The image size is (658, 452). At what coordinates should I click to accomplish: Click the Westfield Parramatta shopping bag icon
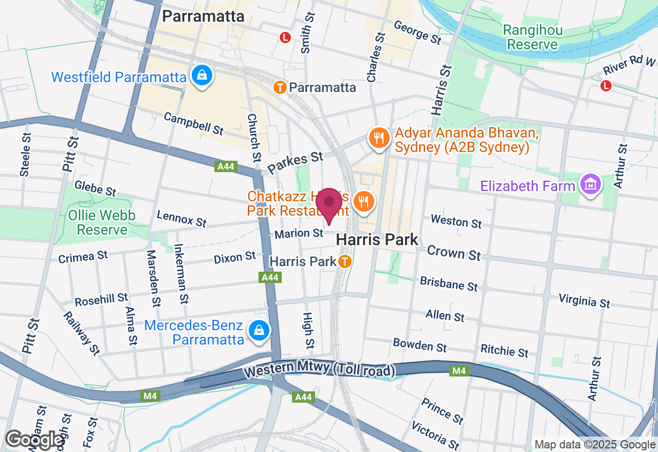coord(203,76)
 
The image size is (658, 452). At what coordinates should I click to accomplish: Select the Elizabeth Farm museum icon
coord(591,185)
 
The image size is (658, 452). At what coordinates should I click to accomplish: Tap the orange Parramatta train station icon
coord(280,87)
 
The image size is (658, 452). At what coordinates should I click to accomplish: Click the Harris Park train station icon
coord(344,261)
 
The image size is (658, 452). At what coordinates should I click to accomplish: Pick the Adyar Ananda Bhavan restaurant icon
coord(379,138)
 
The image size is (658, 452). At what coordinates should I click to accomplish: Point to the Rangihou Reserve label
coord(533,37)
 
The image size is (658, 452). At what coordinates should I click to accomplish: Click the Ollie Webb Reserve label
coord(102,222)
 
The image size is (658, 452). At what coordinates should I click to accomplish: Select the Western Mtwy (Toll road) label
coord(319,370)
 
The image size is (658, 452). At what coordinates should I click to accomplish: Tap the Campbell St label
coord(193,124)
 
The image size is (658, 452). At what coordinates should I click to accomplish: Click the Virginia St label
coord(584,301)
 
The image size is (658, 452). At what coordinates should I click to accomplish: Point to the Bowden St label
coord(419,345)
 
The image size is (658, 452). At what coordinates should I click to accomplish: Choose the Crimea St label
coord(83,256)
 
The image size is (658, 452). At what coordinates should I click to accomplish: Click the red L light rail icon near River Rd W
coord(606,86)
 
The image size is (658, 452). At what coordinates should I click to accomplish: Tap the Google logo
coord(34,440)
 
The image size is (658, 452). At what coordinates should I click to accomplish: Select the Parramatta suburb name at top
coord(203,16)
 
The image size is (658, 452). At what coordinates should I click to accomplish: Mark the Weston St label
coord(456,221)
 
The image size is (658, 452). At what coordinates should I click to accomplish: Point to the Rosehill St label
coord(101,299)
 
